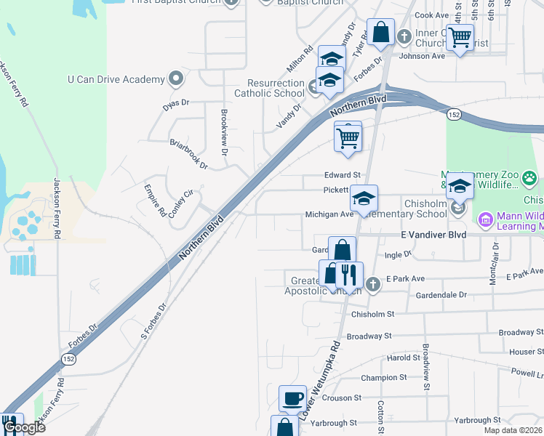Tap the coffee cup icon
pos(292,397)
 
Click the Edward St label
pos(343,175)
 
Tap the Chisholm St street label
pos(372,315)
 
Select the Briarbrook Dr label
pos(188,154)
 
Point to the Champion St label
pos(384,378)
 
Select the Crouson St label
pos(341,398)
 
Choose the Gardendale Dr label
pos(441,296)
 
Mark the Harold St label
pos(399,358)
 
